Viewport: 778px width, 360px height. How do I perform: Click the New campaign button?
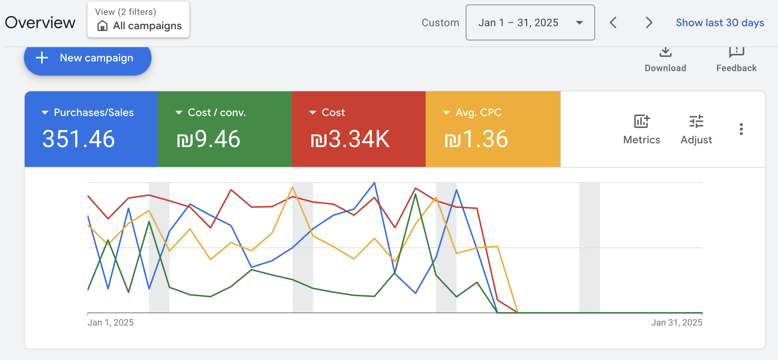[88, 58]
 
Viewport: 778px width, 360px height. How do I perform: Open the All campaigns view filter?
[138, 20]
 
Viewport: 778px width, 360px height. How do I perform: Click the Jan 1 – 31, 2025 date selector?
[530, 23]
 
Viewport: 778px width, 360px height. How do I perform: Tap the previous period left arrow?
[613, 23]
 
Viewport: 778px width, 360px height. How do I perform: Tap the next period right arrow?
[649, 23]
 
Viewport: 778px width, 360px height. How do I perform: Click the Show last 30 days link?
[720, 23]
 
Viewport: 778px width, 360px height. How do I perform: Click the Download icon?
[665, 52]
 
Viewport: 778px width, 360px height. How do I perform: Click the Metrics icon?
[642, 122]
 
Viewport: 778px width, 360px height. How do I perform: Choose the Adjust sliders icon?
[696, 122]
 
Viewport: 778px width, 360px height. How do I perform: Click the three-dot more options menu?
[741, 129]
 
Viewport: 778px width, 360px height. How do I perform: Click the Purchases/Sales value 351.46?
[79, 139]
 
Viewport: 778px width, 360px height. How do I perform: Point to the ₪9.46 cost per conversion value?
[208, 139]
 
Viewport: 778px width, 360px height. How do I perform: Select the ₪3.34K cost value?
[350, 139]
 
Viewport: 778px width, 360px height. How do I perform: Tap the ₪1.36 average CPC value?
[476, 139]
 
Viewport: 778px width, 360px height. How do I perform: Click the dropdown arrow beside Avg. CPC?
[447, 113]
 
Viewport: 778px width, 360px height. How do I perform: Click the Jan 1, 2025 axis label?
[110, 323]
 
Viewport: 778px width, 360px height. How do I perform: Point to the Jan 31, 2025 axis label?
[676, 323]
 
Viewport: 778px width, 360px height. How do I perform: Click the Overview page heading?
[40, 23]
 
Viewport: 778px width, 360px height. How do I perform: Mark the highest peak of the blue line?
[374, 183]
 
